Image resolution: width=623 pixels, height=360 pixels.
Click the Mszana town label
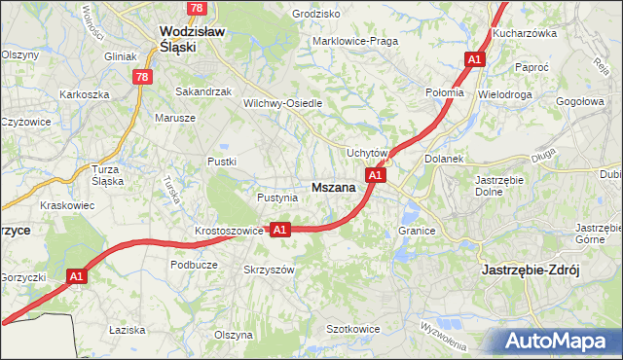332,187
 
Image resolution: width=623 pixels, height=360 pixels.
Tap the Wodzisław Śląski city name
193,38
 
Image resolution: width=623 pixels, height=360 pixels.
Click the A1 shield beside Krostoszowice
279,230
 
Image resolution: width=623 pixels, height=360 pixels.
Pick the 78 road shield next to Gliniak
143,77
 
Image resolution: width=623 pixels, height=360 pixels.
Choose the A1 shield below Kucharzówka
474,59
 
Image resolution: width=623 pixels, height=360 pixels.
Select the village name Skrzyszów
268,270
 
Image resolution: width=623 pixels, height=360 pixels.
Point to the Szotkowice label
352,329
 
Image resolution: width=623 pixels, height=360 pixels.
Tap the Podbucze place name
193,264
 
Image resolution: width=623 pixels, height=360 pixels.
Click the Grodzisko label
316,15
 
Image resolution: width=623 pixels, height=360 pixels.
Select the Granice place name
416,231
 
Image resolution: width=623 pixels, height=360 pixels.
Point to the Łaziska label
128,330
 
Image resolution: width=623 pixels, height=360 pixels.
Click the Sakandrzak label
202,91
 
